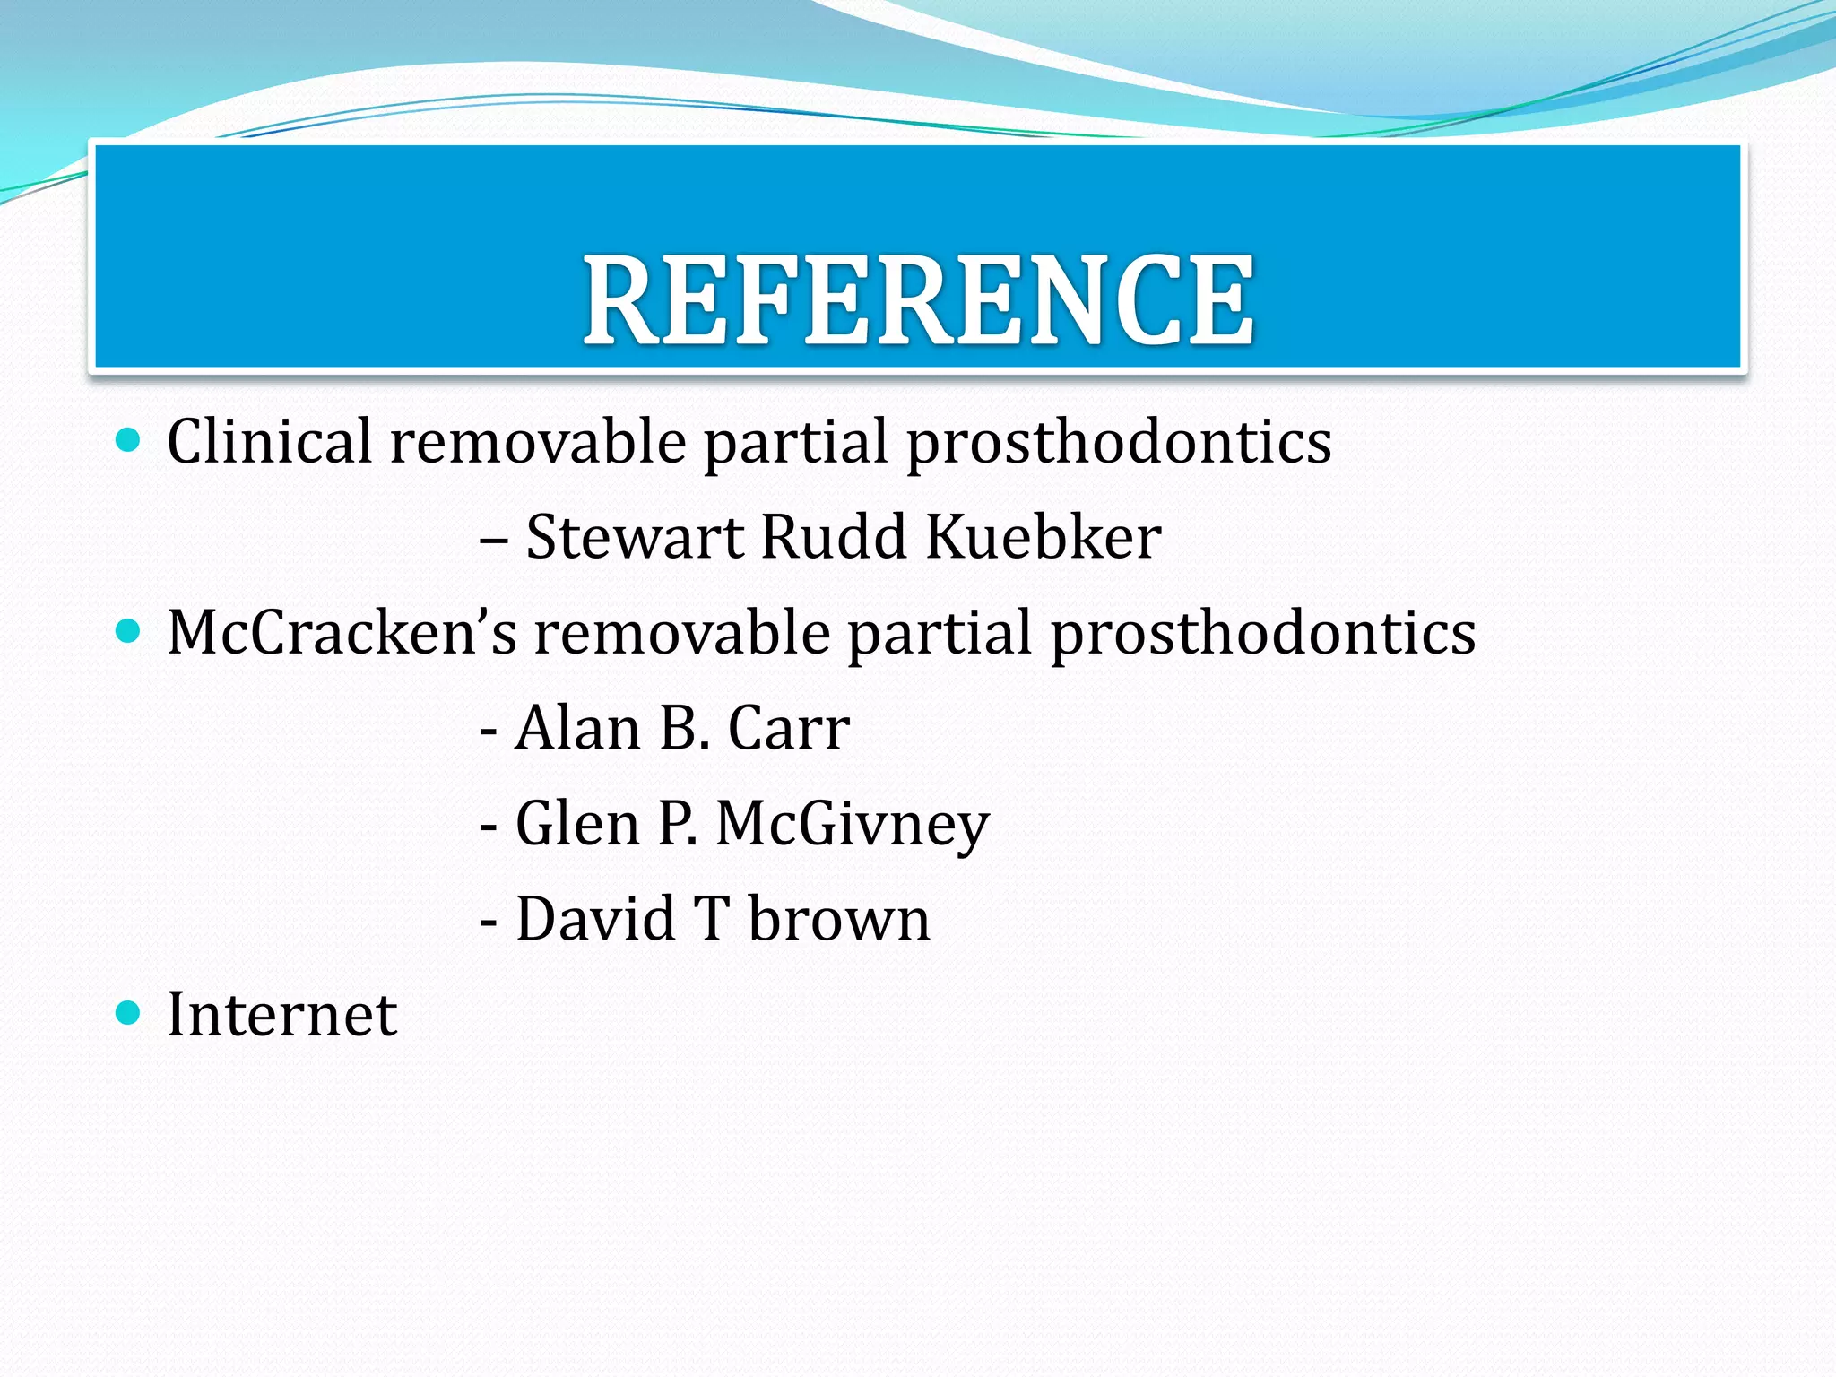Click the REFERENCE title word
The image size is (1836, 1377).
coord(919,300)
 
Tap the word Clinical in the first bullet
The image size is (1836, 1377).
coord(269,441)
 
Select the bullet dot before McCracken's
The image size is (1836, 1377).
coord(129,631)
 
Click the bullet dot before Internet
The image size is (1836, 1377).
coord(129,1013)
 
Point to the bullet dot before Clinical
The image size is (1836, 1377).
coord(129,440)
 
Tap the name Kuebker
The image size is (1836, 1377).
coord(1044,537)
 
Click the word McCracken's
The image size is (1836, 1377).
coord(342,633)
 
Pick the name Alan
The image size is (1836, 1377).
coord(577,728)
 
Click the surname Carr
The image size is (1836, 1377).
coord(789,728)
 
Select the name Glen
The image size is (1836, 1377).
coord(577,824)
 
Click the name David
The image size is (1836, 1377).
coord(595,919)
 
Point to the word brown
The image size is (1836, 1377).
coord(839,919)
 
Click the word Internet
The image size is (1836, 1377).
coord(281,1015)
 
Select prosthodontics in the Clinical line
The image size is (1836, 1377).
coord(1119,443)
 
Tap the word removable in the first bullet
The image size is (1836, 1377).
coord(538,441)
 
